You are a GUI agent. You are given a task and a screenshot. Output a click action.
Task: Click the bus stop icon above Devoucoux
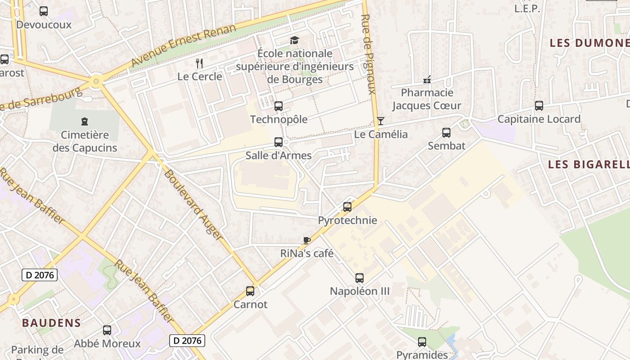pos(44,11)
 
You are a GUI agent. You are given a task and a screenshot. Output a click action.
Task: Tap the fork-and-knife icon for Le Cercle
pos(200,63)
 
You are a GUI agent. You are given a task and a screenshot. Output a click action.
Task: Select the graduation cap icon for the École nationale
pos(294,40)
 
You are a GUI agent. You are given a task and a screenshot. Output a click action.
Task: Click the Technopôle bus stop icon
pos(279,106)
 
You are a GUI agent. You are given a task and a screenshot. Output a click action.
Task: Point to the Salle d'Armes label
pos(279,156)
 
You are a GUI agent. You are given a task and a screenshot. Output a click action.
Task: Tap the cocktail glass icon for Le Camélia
pos(381,121)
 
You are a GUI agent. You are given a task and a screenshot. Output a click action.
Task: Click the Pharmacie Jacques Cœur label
pos(427,99)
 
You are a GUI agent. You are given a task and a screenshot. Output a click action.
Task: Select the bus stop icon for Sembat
pos(446,133)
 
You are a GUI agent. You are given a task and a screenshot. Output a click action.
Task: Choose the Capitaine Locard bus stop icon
pos(539,106)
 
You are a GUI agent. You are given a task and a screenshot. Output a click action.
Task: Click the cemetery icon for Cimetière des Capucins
pos(84,121)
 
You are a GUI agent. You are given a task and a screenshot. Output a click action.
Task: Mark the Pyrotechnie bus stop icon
pos(347,207)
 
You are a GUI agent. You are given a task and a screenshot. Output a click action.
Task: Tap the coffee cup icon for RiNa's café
pos(307,240)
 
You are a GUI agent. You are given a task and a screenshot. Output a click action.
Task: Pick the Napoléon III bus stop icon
pos(360,278)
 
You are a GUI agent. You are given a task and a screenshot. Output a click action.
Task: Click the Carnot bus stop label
pos(250,305)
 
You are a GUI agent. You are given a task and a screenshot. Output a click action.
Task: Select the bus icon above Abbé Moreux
pos(107,330)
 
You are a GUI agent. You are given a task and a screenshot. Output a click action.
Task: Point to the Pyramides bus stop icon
pos(422,342)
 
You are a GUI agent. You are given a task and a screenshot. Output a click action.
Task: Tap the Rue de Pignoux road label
pos(368,54)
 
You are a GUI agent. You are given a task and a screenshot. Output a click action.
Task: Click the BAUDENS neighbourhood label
pos(51,323)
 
